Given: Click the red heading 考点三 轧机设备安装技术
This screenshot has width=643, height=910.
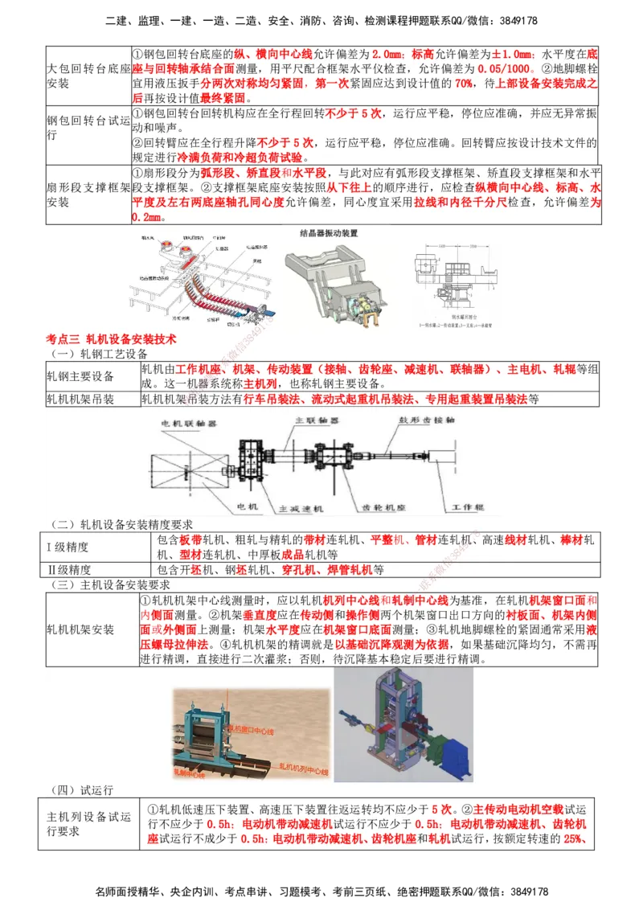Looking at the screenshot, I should click(x=111, y=339).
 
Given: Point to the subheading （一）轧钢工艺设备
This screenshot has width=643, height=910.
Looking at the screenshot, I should click(x=98, y=353).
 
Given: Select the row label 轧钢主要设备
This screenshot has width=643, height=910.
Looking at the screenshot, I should click(x=80, y=376).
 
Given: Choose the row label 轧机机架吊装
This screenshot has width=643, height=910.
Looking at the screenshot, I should click(x=80, y=400).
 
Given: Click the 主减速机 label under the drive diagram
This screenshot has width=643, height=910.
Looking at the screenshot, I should click(x=300, y=508).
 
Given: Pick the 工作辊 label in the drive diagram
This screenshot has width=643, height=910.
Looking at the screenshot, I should click(x=469, y=507).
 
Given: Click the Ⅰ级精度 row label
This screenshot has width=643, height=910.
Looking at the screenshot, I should click(x=68, y=547).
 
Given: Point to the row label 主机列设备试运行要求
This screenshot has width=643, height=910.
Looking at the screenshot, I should click(x=88, y=824).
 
